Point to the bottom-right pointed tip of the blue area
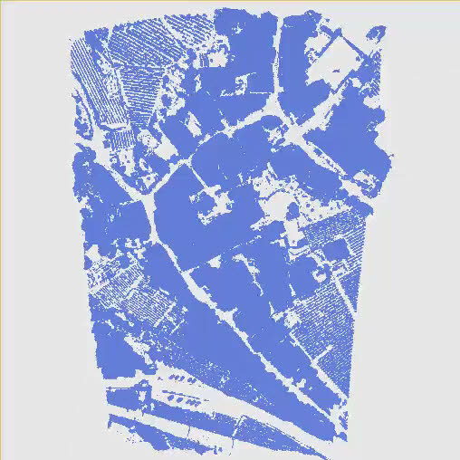pyautogui.click(x=344, y=440)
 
